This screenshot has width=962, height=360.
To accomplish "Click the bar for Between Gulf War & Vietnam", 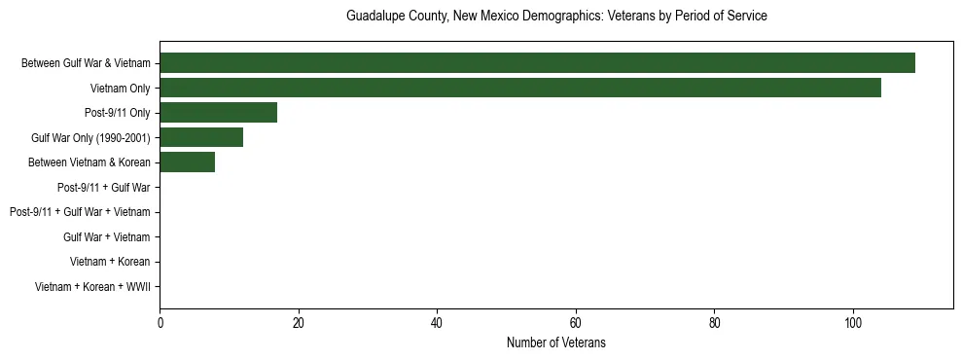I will pyautogui.click(x=537, y=63).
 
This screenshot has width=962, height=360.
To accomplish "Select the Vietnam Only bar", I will pyautogui.click(x=520, y=88).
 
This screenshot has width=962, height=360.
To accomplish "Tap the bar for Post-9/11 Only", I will pyautogui.click(x=218, y=113).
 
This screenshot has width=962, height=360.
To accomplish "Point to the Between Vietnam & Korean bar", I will pyautogui.click(x=187, y=162).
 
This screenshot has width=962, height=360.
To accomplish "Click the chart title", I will pyautogui.click(x=556, y=17).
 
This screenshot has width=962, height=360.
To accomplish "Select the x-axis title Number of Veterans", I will pyautogui.click(x=556, y=342).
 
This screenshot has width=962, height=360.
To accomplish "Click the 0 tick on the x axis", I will pyautogui.click(x=160, y=323).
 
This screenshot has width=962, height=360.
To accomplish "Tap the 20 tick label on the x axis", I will pyautogui.click(x=299, y=323).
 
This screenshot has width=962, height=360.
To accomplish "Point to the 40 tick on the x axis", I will pyautogui.click(x=437, y=323).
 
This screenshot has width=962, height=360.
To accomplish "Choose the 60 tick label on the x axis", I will pyautogui.click(x=576, y=323).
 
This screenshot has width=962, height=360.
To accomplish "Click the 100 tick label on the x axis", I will pyautogui.click(x=853, y=323).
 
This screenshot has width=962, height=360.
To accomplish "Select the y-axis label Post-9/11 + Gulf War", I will pyautogui.click(x=104, y=187).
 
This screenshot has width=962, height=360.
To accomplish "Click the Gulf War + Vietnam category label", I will pyautogui.click(x=107, y=236).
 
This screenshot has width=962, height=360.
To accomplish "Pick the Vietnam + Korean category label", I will pyautogui.click(x=110, y=262).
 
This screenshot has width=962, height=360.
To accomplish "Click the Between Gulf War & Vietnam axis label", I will pyautogui.click(x=86, y=63).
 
